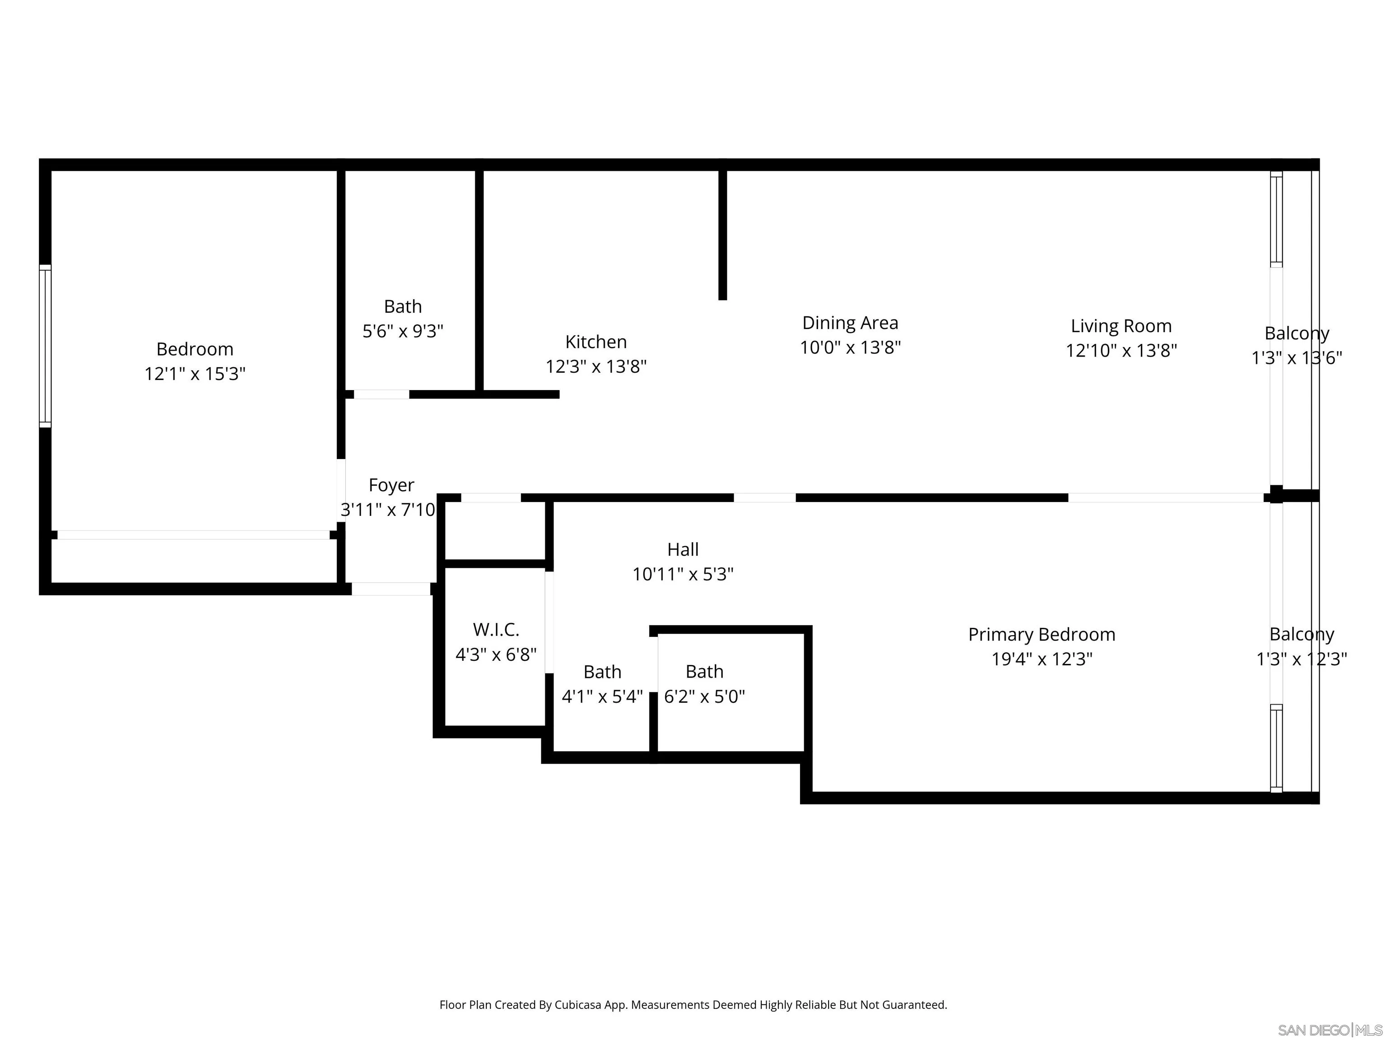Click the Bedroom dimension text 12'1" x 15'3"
(x=195, y=374)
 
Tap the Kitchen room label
(x=596, y=342)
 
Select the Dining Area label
(x=850, y=323)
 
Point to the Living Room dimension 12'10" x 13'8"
(x=1121, y=350)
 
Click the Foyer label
(x=391, y=485)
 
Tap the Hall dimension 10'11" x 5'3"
(x=682, y=574)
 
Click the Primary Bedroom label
(x=1042, y=634)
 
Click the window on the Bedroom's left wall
(x=45, y=346)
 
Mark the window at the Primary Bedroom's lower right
(x=1276, y=748)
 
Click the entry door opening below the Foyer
(x=390, y=589)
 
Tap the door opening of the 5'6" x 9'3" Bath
(x=381, y=395)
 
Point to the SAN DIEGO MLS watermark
(x=1329, y=1030)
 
